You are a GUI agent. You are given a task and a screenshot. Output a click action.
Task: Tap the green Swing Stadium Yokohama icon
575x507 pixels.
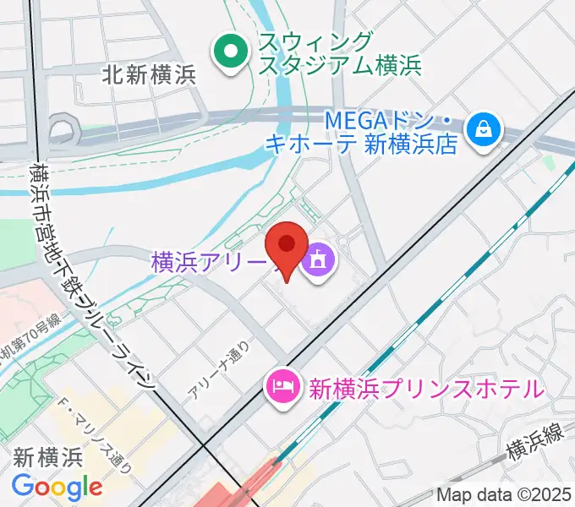pyautogui.click(x=227, y=52)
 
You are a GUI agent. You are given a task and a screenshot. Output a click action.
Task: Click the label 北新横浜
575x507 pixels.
pyautogui.click(x=148, y=74)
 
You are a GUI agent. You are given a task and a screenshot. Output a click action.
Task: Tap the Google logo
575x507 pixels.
pyautogui.click(x=57, y=487)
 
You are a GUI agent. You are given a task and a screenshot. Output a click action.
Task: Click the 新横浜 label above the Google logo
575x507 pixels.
pyautogui.click(x=47, y=458)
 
